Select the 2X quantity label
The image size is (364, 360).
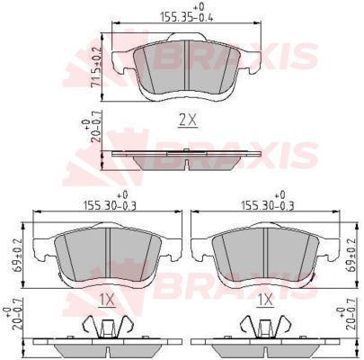tap(188, 121)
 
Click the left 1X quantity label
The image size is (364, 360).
tap(107, 301)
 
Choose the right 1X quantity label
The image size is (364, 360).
tap(265, 301)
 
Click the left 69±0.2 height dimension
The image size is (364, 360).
tap(17, 256)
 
